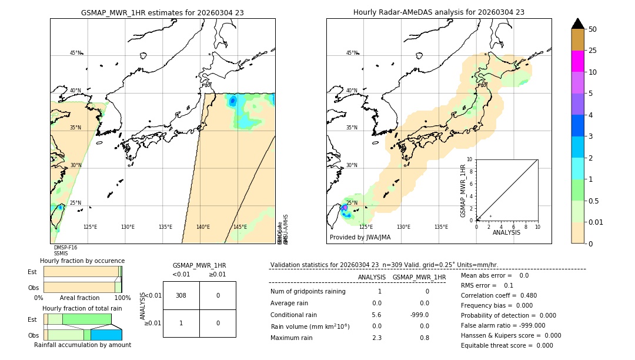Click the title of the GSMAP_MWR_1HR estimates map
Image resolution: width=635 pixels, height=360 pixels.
point(162,12)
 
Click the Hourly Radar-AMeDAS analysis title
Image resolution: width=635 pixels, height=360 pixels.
point(439,12)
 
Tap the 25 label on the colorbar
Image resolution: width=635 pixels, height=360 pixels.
point(593,51)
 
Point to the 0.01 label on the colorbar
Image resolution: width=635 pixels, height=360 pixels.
point(596,222)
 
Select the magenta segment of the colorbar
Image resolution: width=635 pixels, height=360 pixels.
point(577,61)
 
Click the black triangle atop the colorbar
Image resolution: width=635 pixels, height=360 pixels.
point(577,24)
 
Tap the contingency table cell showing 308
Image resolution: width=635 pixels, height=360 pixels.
point(181,295)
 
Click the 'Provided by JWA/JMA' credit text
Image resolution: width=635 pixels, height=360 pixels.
point(360,238)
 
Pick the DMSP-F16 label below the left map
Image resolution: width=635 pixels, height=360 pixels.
point(65,248)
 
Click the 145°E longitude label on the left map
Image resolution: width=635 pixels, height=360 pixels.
point(240,227)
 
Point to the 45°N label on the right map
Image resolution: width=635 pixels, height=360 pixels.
point(352,53)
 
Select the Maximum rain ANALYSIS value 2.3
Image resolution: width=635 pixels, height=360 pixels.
point(377,338)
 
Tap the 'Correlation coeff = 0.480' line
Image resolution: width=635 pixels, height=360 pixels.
point(499,296)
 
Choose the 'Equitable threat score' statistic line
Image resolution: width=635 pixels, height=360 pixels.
point(507,345)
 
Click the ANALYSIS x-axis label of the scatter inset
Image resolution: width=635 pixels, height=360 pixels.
point(506,232)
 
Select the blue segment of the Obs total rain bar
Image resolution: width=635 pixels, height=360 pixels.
point(106,335)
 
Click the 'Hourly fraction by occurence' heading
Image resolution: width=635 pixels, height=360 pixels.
point(82,261)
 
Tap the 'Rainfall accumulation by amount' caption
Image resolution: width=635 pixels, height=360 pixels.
point(82,345)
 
